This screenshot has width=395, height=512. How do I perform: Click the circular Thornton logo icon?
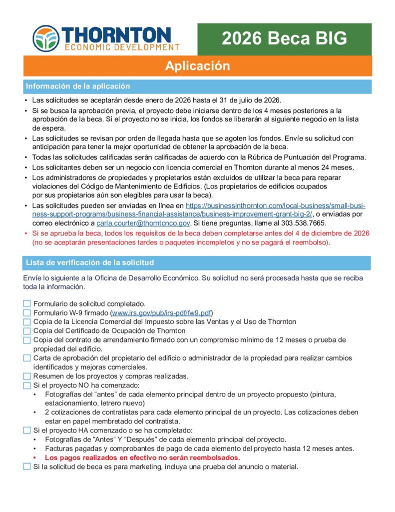pyautogui.click(x=46, y=39)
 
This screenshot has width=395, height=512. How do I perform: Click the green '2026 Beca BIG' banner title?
pyautogui.click(x=284, y=38)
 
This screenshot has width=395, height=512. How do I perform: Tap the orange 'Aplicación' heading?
pyautogui.click(x=198, y=66)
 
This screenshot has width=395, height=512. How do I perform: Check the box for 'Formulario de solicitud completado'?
pyautogui.click(x=27, y=304)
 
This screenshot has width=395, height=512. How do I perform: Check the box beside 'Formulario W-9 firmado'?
pyautogui.click(x=27, y=313)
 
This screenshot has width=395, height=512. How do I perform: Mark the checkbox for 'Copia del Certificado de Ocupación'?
pyautogui.click(x=27, y=331)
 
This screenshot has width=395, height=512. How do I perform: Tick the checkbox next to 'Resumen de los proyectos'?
pyautogui.click(x=27, y=376)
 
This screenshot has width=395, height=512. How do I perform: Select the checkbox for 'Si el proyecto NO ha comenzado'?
pyautogui.click(x=27, y=385)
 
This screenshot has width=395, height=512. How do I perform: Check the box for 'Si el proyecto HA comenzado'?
pyautogui.click(x=27, y=430)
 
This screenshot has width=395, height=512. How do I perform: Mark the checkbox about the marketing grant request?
pyautogui.click(x=27, y=466)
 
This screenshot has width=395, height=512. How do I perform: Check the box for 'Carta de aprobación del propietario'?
pyautogui.click(x=27, y=358)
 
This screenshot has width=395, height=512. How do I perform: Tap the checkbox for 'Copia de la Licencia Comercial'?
pyautogui.click(x=27, y=322)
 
